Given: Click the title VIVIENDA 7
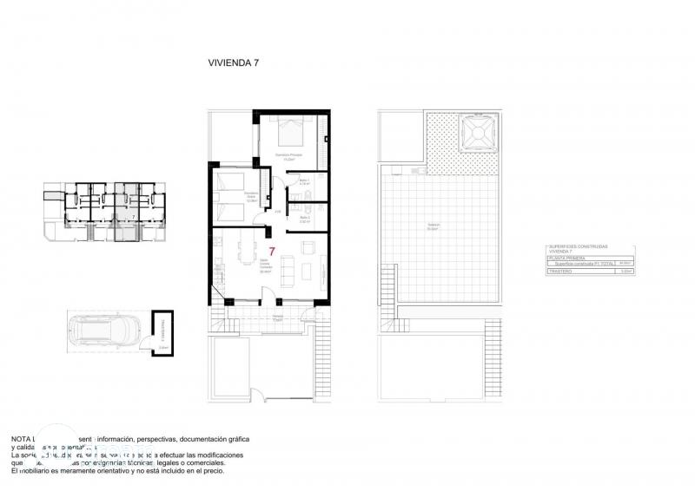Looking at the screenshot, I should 233,62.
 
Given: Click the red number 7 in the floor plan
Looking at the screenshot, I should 272,252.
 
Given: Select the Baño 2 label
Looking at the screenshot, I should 305,220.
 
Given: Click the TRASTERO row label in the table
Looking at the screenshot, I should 560,272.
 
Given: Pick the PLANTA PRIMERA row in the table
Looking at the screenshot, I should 567,258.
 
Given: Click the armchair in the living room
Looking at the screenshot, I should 311,249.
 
